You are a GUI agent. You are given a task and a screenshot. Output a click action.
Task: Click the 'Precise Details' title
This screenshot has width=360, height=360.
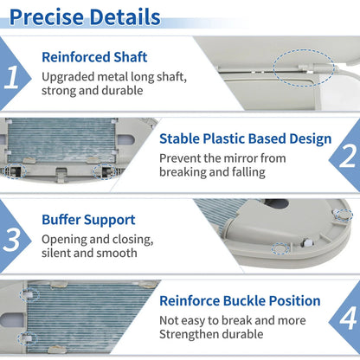pos(85,17)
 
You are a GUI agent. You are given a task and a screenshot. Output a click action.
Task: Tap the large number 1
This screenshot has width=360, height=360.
pos(11,77)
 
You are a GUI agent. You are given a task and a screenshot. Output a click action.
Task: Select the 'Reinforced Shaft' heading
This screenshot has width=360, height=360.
pos(94,57)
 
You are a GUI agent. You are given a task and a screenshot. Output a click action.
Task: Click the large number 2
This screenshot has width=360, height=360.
pos(348,156)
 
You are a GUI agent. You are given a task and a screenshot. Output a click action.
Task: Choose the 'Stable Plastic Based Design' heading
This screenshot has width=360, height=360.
pos(246,138)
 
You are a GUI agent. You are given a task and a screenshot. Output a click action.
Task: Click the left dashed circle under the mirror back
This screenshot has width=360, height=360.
pos(15,171)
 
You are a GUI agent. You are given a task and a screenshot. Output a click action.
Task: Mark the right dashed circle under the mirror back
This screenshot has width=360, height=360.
pos(105,171)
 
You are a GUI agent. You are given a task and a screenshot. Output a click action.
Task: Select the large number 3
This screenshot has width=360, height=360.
pos(11,240)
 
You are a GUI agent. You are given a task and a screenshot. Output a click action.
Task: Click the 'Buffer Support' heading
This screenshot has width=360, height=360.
pos(88,220)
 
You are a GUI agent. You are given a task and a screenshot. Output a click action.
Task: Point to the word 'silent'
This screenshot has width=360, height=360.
pos(56,253)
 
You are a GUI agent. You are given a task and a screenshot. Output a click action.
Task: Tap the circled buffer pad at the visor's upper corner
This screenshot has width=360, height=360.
pos(344,215)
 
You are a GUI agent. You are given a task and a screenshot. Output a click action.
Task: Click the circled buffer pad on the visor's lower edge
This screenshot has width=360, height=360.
pos(280,248)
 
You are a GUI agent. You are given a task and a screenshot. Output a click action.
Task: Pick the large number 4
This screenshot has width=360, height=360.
pos(348,318)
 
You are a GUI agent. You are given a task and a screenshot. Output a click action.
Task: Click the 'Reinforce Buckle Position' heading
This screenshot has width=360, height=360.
pos(240,301)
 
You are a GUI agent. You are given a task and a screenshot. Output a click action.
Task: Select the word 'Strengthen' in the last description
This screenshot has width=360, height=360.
pos(186,335)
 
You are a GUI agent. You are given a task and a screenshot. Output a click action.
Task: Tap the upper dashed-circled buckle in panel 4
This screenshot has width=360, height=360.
pos(29,295)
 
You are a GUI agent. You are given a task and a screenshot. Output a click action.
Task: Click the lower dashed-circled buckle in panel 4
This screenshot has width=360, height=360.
pos(28,339)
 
